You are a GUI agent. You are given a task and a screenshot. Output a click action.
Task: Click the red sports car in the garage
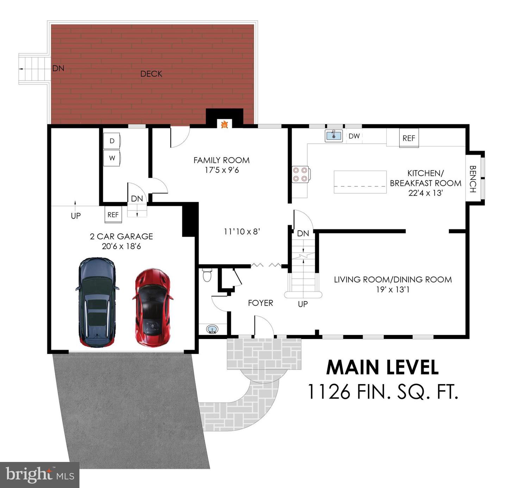tap(152, 308)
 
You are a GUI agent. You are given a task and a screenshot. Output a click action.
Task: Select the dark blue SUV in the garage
tap(97, 302)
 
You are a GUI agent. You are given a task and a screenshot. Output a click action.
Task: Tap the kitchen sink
tap(333, 136)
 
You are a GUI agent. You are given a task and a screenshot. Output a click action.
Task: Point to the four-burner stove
tap(301, 174)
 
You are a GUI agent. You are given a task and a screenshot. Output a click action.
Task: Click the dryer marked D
tap(112, 141)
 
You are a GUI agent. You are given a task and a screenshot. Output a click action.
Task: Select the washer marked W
tap(112, 158)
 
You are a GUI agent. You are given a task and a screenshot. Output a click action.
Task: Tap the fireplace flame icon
tap(224, 125)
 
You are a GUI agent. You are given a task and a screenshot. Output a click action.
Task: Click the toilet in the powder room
tap(207, 275)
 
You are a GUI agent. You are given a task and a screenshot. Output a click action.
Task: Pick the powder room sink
tap(213, 329)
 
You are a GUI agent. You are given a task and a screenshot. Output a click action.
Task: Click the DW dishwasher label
tap(354, 136)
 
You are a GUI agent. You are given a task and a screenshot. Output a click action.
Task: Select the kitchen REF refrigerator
tap(409, 138)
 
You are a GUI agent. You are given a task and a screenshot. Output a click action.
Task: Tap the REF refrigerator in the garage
tap(113, 215)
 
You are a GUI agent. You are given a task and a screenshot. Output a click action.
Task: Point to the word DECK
tap(151, 74)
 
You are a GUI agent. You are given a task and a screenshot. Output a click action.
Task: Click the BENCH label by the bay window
tap(473, 179)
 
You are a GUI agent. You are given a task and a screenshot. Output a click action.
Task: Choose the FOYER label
tap(261, 303)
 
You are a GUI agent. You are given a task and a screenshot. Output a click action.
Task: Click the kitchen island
tap(360, 182)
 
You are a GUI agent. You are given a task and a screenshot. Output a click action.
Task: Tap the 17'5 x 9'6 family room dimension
tap(222, 170)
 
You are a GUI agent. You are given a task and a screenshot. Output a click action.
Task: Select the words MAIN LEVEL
tap(382, 368)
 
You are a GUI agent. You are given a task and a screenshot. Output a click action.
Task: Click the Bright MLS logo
tap(39, 475)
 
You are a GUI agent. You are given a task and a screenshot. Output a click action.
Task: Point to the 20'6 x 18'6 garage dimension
tap(121, 246)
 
